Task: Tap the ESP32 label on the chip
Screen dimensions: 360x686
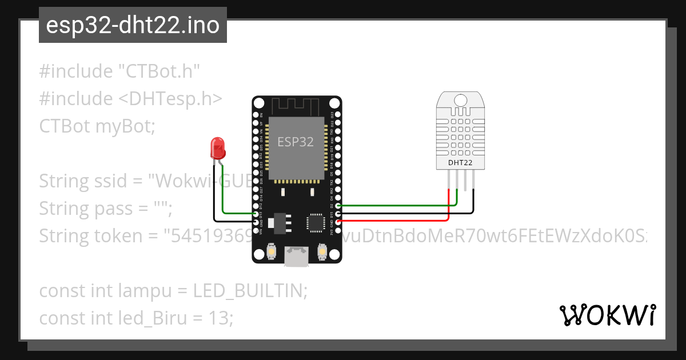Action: (296, 142)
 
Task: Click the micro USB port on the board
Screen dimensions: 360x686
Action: (297, 256)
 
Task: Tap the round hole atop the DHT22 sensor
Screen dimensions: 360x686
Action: (461, 99)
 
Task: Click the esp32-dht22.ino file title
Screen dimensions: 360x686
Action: (133, 26)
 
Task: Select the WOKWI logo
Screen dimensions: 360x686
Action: (607, 315)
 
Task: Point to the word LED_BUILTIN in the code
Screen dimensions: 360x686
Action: (250, 291)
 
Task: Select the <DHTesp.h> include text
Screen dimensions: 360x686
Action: (170, 99)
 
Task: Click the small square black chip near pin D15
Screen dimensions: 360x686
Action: (315, 222)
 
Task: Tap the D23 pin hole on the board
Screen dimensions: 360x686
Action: (338, 114)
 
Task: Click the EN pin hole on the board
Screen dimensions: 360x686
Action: (257, 114)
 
